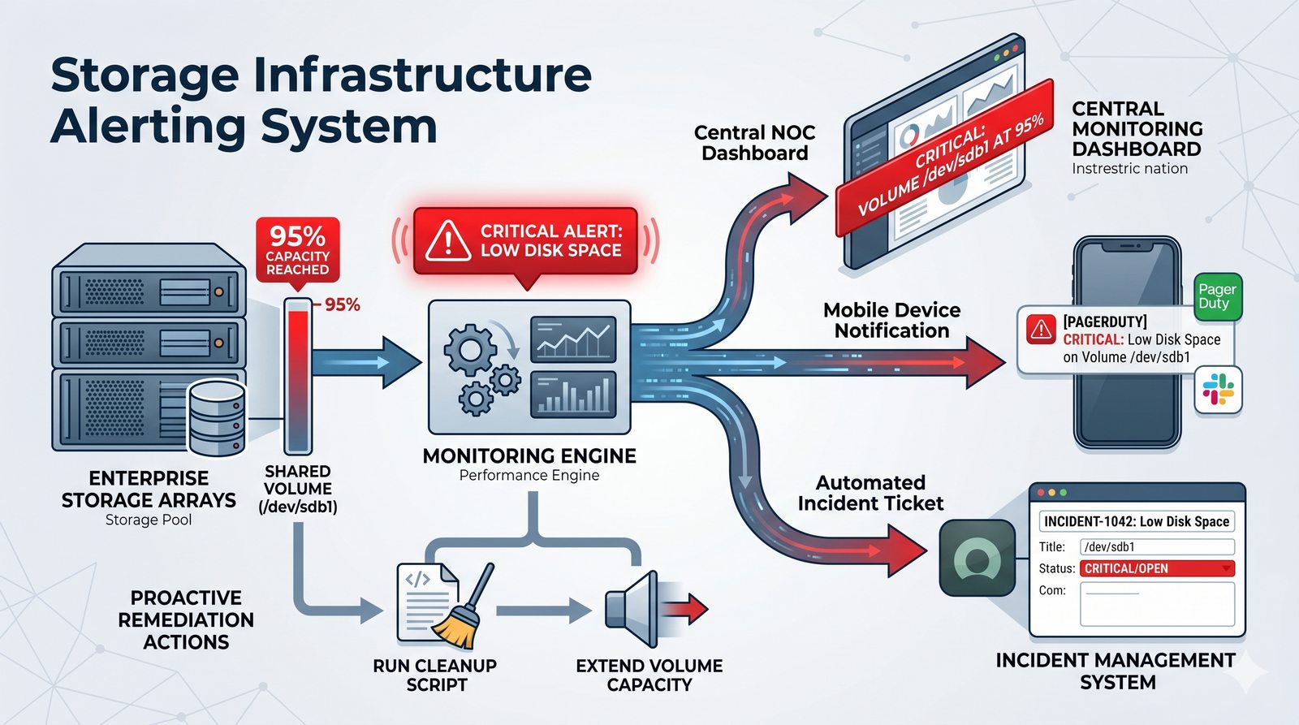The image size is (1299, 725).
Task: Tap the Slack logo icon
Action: click(1218, 389)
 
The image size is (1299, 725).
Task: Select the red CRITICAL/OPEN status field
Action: click(1157, 568)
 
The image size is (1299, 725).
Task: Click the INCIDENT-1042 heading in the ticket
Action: click(1137, 521)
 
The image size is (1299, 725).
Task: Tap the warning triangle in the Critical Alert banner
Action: click(447, 241)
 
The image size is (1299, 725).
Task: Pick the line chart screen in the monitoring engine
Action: click(572, 339)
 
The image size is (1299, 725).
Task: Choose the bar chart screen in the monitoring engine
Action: click(572, 395)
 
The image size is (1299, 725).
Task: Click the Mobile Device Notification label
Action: click(891, 320)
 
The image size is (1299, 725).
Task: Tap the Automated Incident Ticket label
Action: click(870, 493)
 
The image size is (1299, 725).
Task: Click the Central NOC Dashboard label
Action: click(754, 143)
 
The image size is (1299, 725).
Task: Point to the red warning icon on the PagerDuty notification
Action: click(1040, 329)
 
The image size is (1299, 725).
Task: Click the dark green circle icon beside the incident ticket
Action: click(977, 559)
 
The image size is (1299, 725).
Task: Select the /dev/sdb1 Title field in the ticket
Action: click(1156, 546)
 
